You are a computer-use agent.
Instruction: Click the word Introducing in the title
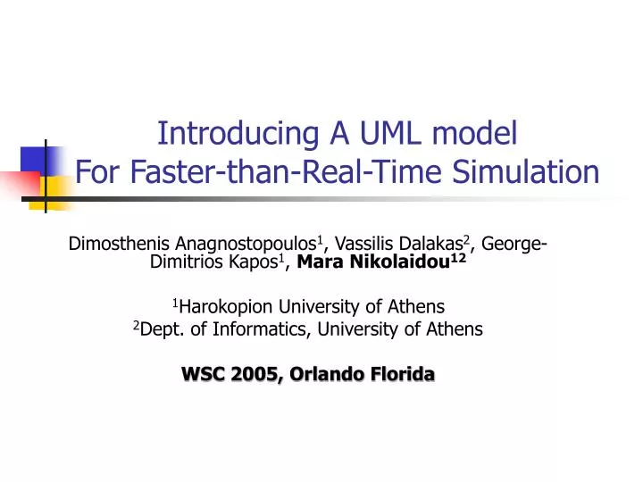coord(229,134)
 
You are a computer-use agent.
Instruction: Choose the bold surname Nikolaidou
coord(394,262)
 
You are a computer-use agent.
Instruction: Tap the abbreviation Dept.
coord(158,329)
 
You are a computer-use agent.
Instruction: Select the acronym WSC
coord(202,374)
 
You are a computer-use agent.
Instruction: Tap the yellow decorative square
coord(55,189)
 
